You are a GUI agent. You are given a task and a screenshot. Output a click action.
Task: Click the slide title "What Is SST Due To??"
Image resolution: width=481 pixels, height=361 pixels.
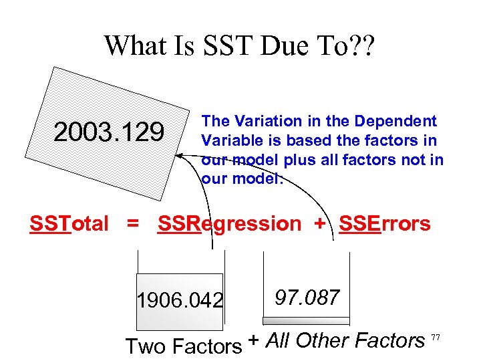(240, 45)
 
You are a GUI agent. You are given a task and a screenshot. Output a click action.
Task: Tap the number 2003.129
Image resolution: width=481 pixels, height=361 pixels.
(109, 132)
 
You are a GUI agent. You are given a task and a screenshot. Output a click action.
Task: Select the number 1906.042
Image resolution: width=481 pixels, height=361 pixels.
(179, 301)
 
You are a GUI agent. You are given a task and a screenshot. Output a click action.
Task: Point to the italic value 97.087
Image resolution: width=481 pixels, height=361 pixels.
(307, 297)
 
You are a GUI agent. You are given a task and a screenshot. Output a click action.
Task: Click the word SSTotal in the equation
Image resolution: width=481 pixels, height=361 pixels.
(69, 223)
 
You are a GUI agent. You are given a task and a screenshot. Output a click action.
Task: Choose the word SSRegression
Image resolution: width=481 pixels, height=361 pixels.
(229, 223)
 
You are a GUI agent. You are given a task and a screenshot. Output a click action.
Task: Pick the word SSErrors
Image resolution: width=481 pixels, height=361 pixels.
(385, 223)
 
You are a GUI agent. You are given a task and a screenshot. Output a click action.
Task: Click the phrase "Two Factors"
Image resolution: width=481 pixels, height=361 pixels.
(184, 346)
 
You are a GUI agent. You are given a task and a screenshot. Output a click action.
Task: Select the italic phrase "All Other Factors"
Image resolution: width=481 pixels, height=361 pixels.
(345, 341)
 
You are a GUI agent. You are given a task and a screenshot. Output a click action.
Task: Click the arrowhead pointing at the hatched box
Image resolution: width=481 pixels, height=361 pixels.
(178, 154)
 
